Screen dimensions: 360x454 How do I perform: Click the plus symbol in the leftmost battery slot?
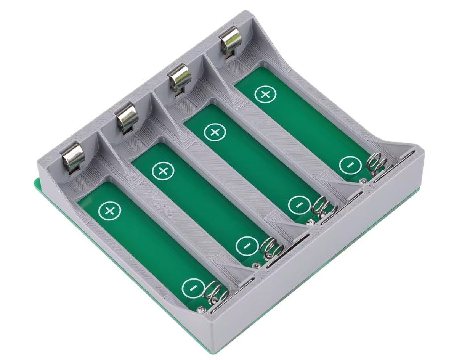(x=110, y=210)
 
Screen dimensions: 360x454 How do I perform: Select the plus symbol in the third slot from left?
(x=215, y=132)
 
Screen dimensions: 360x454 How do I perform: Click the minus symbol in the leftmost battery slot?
(x=193, y=288)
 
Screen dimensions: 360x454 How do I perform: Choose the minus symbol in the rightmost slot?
(x=350, y=165)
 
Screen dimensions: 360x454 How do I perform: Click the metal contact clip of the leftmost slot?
(x=72, y=157)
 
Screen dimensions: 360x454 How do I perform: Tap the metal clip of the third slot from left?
(x=179, y=77)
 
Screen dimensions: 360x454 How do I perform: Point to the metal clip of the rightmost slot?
(x=231, y=41)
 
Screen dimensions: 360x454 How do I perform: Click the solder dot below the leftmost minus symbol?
(x=199, y=310)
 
